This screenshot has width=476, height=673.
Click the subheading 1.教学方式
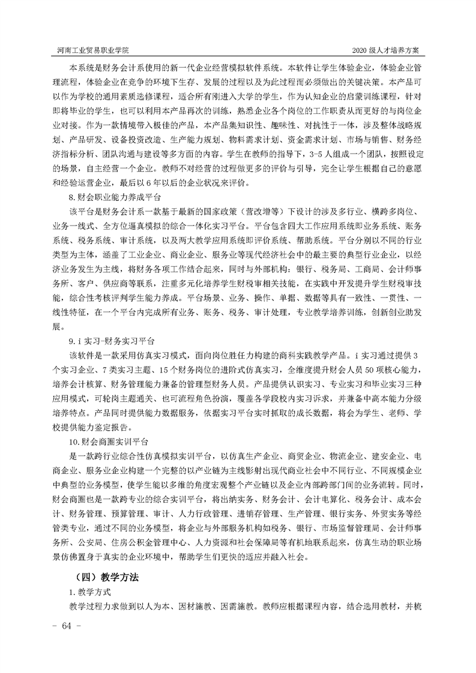88,593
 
